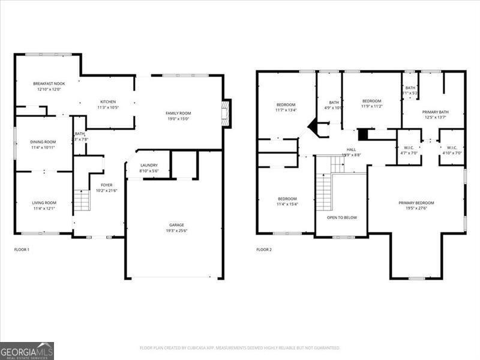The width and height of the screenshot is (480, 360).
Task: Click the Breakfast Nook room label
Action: [49, 83]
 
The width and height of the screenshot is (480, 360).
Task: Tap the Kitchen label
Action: [108, 101]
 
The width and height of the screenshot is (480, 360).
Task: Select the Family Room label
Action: [178, 113]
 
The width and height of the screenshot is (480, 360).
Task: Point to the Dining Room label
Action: [43, 142]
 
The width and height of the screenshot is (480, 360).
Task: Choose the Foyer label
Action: [106, 185]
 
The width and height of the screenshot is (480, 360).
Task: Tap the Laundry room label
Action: [149, 165]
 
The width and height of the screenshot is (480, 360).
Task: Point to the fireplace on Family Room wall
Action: [226, 113]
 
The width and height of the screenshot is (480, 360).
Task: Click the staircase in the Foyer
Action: [81, 199]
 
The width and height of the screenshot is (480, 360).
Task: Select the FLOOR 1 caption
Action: [22, 249]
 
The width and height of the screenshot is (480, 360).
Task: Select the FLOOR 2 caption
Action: [264, 249]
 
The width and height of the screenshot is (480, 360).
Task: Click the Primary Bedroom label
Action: [416, 203]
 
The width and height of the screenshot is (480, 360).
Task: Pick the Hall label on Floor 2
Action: [351, 149]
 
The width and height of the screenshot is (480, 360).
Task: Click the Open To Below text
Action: [341, 217]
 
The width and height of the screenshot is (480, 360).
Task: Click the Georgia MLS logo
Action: [27, 350]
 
